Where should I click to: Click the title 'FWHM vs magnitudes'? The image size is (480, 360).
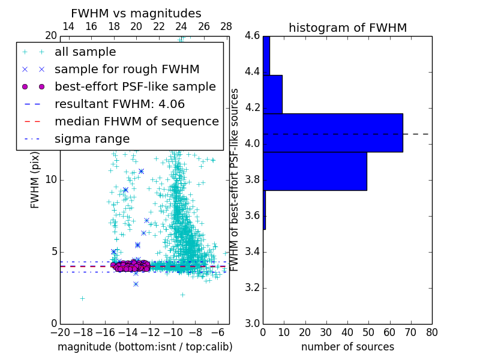coord(136,13)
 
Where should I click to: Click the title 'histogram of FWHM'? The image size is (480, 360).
coord(347,28)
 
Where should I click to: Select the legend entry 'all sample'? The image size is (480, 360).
coord(85,52)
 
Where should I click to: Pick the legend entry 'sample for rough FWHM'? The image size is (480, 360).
coord(127,70)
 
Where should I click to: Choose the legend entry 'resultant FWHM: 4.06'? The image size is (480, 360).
coord(119,104)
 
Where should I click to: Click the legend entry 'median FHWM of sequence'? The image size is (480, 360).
coord(136,122)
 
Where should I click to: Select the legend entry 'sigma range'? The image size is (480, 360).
coord(92,139)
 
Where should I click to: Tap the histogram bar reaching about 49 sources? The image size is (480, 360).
coord(315,171)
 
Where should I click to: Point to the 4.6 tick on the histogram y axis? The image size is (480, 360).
coord(252,36)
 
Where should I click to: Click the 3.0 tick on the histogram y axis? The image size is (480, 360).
coord(252,323)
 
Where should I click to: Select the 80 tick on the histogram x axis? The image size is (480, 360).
coord(431,332)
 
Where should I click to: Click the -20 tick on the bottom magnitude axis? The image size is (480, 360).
coord(60,332)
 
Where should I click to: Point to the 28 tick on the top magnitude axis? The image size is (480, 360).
coord(226,26)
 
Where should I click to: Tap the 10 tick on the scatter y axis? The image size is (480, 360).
coord(52,180)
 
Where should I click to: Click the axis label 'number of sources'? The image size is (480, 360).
coord(347,347)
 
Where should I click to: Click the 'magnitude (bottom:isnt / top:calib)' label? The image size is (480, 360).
coord(145,347)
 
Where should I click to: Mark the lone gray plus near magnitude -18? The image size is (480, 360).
coord(82,298)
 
